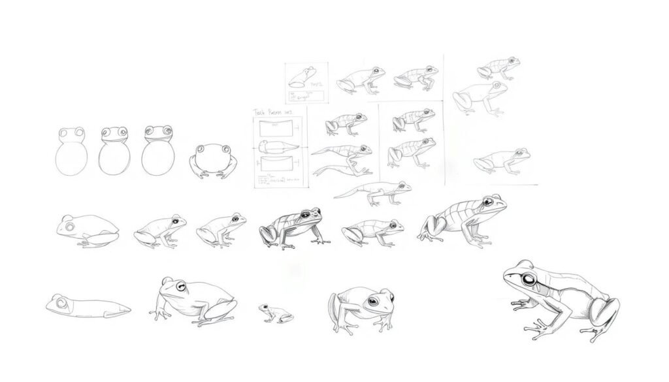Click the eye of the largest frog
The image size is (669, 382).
point(528,280)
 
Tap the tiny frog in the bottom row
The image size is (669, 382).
point(275,313)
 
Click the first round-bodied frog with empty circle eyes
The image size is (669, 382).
point(70,151)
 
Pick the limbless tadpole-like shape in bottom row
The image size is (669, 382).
point(87,306)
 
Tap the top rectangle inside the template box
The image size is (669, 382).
point(274,128)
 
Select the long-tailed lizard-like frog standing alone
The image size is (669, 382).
point(374,192)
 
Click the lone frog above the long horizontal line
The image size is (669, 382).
point(502,161)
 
